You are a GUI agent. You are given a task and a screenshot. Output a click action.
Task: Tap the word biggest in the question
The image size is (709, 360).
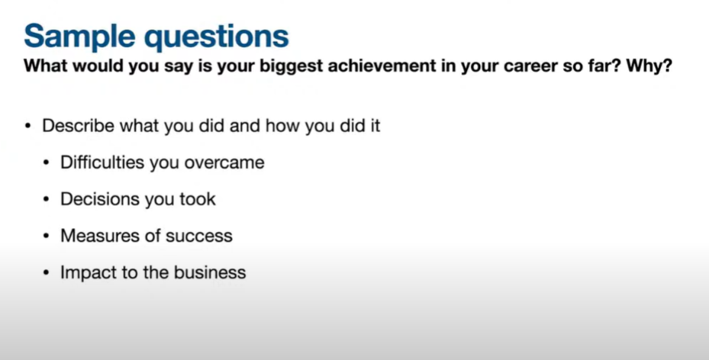(292, 66)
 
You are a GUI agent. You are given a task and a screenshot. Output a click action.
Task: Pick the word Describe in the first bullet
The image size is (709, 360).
(78, 125)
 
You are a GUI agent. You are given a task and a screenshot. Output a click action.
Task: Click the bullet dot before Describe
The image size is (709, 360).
(28, 126)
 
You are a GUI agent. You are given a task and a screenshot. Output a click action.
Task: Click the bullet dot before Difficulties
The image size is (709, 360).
(46, 163)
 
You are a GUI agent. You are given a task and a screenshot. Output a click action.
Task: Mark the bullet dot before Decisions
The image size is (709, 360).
(46, 200)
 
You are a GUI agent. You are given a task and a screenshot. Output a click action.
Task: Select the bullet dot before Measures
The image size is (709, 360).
(46, 236)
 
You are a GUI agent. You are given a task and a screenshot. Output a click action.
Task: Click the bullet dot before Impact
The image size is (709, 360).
(46, 273)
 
